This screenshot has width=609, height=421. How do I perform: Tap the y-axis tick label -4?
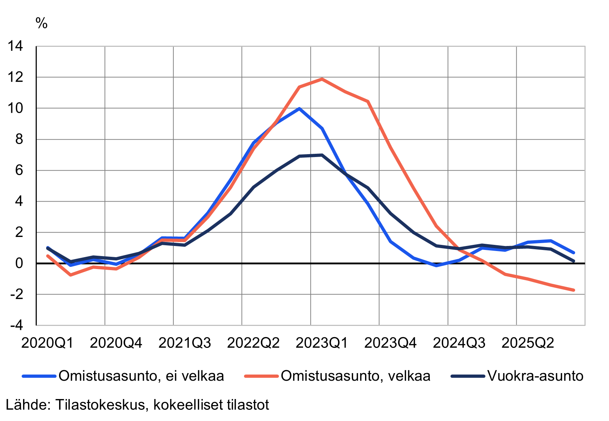point(16,325)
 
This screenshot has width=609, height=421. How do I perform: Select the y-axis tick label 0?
point(19,263)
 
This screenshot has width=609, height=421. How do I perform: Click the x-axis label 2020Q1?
point(47,343)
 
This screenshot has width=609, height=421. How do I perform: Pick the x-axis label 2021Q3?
point(185,343)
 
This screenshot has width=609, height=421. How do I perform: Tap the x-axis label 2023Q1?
point(322,343)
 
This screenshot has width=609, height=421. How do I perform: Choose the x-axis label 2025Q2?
point(528,343)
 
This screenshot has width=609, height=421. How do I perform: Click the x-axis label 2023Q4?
point(390,343)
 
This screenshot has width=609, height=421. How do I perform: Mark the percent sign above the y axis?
point(41,23)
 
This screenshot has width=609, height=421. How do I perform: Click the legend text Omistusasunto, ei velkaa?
point(141,376)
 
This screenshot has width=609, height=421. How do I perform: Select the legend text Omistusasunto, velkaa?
point(356,376)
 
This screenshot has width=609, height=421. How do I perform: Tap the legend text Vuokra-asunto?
point(535,376)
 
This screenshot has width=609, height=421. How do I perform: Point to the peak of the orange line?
point(322,79)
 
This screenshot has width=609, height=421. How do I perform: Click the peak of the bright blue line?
point(299,108)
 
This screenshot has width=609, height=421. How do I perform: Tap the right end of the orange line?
point(573,290)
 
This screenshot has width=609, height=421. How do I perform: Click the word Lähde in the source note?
point(27,405)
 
